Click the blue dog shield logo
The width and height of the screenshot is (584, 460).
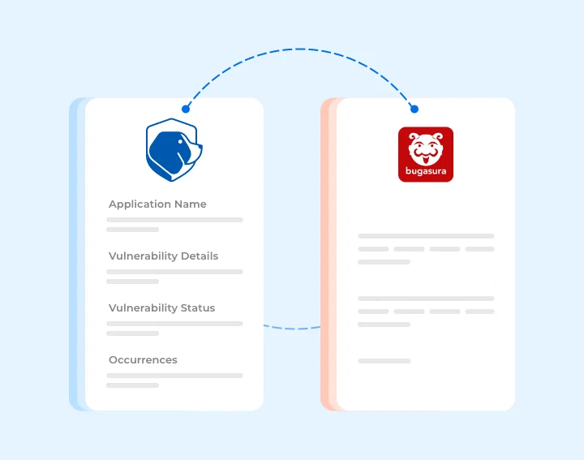coord(174,150)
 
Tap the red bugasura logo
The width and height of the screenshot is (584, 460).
coord(426,155)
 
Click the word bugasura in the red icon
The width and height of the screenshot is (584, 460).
coord(426,171)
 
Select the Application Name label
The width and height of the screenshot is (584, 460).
coord(157,204)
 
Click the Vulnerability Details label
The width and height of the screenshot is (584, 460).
coord(164,256)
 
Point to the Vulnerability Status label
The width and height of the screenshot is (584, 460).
coord(162,308)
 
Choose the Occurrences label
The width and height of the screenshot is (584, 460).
coord(143,359)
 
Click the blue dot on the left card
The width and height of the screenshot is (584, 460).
coord(186,109)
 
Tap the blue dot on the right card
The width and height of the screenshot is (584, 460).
coord(414,109)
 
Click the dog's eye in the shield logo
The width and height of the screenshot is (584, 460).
coord(182,141)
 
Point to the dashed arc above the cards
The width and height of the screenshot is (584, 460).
coord(300,49)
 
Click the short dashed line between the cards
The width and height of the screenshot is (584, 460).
coord(292,328)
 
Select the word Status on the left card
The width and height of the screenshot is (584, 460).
coord(198,308)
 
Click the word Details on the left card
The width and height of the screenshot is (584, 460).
coord(200,256)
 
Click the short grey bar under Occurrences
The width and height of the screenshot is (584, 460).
coord(132,385)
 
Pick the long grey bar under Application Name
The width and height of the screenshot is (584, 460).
coord(174,220)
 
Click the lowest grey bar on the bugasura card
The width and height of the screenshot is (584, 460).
coord(384,361)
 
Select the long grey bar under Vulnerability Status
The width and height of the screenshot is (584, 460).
coord(174,324)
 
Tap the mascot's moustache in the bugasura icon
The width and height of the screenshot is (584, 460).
coord(426,152)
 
